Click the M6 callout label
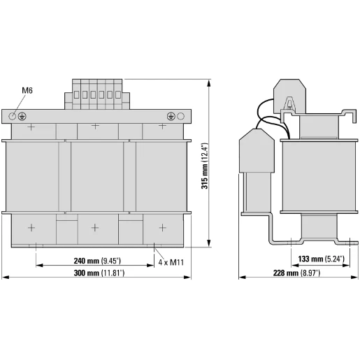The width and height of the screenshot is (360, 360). coord(27,90)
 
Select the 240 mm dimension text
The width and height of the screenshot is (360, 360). coord(97,261)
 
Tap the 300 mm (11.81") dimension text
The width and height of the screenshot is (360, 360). coord(99,273)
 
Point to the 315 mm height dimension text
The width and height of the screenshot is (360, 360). coord(204,166)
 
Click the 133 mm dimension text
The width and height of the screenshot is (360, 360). coord(321,259)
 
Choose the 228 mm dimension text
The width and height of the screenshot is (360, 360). coord(296,273)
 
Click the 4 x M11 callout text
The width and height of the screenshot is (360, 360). coord(171,262)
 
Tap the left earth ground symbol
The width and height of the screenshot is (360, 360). coord(22,116)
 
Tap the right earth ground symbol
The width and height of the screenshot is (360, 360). coord(171,116)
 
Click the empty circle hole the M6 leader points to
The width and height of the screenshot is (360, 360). coord(12,116)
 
